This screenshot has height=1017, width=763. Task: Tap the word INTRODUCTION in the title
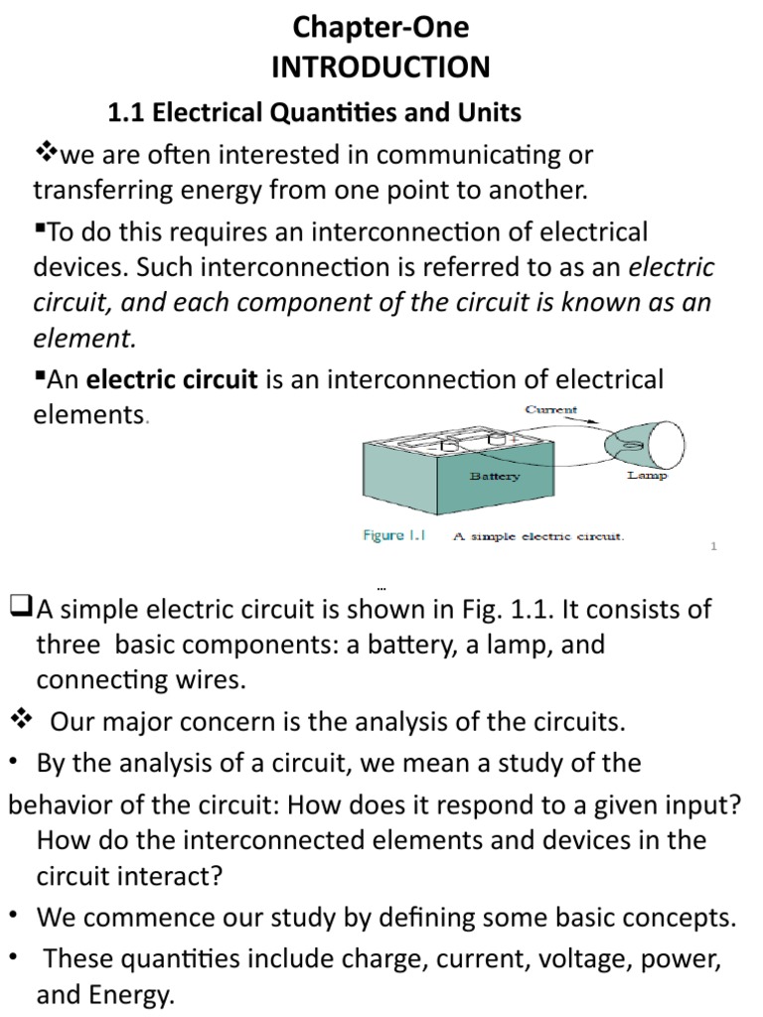point(381,68)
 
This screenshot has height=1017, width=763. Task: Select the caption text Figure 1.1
point(393,536)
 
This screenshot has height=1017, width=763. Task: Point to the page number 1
point(714,545)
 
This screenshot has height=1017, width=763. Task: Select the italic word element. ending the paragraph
point(83,339)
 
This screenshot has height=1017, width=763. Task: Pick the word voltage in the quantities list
point(532,960)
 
